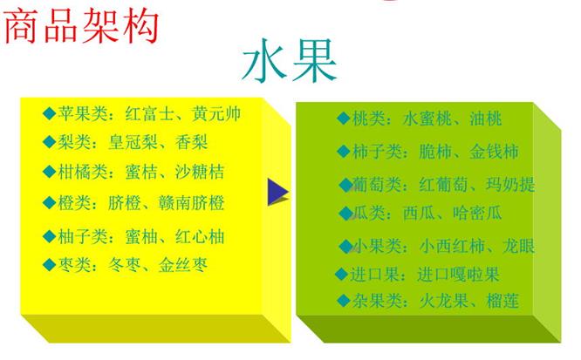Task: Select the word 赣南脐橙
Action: click(191, 203)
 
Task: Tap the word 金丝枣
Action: click(182, 264)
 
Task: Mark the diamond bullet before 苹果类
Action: click(49, 113)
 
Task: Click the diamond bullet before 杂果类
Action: click(342, 302)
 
